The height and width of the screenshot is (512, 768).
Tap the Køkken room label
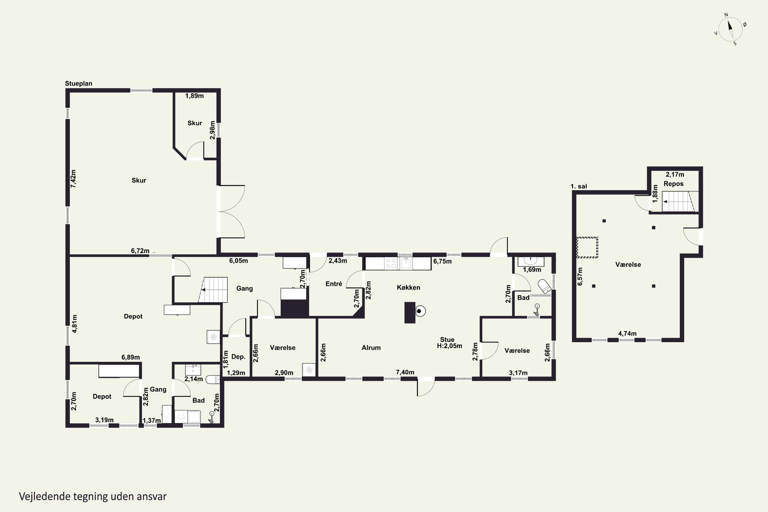tap(409, 287)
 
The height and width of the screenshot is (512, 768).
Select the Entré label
tap(334, 284)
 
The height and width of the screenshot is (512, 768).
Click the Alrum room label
tap(371, 348)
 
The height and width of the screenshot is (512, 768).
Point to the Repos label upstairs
tap(673, 184)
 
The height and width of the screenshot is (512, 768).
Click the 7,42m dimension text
tap(73, 179)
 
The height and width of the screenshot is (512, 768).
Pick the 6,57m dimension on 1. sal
tap(580, 276)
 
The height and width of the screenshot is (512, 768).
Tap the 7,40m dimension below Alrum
tap(405, 372)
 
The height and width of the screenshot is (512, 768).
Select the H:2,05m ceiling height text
tap(450, 346)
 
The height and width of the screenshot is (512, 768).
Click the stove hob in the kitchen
tap(391, 263)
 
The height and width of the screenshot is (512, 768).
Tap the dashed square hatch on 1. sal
tap(587, 248)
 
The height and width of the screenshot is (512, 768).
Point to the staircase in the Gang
tap(213, 290)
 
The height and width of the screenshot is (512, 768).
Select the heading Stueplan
tap(79, 84)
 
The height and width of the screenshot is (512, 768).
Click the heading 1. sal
tap(579, 186)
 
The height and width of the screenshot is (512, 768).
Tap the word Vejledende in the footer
tap(45, 496)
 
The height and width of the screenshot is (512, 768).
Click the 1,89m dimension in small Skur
tap(194, 96)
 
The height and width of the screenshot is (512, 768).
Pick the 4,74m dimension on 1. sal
tap(627, 333)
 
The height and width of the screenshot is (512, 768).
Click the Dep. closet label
tap(238, 357)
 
